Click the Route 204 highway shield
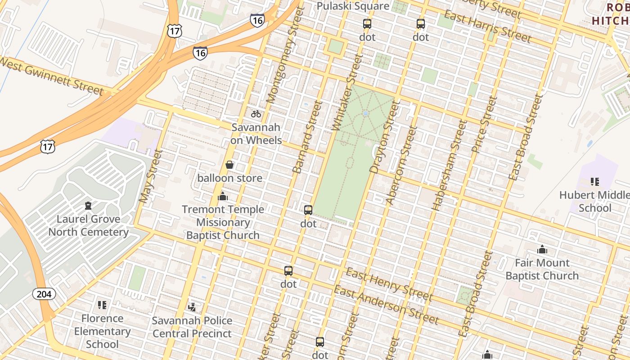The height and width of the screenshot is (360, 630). pos(44,294)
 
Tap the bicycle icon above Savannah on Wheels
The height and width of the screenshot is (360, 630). pos(256,114)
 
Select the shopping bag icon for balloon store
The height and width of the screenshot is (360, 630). pos(229,165)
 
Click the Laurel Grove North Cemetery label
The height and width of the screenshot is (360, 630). pos(88,225)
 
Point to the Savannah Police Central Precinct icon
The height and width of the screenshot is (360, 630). pos(192,307)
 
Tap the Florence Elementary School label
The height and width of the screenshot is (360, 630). pos(102,331)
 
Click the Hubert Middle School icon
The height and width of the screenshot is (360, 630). pos(594,182)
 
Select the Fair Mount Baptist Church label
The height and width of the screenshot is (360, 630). pos(542,269)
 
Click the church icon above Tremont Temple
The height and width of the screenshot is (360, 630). pos(223,196)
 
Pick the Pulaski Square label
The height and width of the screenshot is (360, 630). pos(353,6)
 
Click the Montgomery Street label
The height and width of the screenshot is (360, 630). pos(283,56)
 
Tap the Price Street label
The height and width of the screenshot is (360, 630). pos(484,124)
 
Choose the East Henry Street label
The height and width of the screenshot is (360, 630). pos(389,284)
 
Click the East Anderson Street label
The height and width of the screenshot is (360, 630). pos(386,305)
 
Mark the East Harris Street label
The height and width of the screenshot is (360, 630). pos(487,26)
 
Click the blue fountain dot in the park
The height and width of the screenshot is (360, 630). pos(365,113)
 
